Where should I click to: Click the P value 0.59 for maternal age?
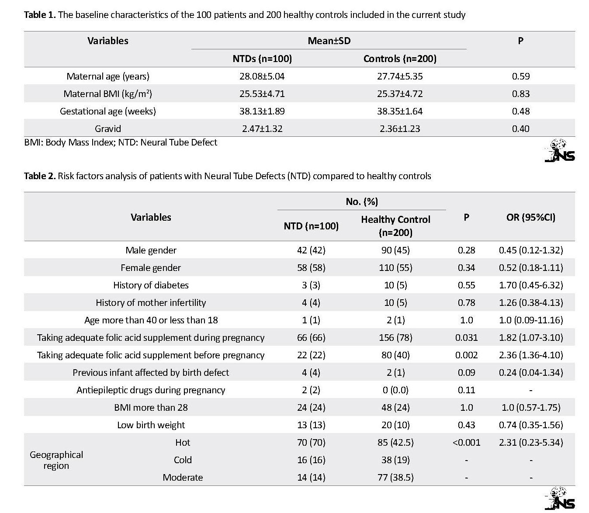coord(520,76)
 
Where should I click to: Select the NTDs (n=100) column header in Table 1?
coord(262,59)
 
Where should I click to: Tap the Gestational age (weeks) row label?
coord(108,111)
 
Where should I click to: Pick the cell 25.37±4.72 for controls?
coord(400,94)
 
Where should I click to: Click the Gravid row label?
coord(108,128)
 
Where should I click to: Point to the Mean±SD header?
coord(329,41)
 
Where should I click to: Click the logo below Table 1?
coord(560,151)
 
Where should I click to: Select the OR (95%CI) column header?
coord(531,217)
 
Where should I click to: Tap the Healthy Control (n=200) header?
coord(395,226)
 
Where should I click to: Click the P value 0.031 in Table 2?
coord(466,338)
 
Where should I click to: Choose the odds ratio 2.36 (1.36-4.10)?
coord(531,355)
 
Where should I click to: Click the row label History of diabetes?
coord(151,285)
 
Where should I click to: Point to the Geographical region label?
coord(56,460)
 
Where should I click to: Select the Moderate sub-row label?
coord(183,478)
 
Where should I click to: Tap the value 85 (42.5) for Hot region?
coord(395,443)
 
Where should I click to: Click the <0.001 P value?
coord(466,443)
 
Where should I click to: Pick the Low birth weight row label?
coord(151,425)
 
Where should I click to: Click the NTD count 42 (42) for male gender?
coord(311,250)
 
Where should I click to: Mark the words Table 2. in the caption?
coord(40,176)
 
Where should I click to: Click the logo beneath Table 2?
coord(560,498)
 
